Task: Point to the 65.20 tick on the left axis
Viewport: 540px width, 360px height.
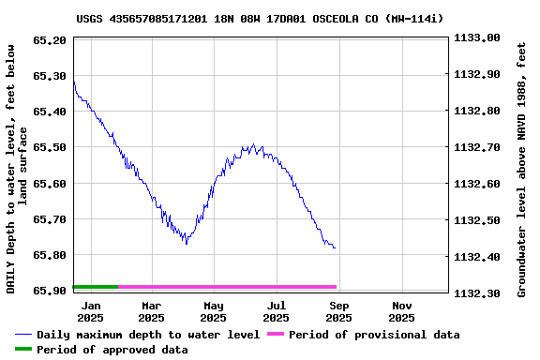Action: [x=49, y=39]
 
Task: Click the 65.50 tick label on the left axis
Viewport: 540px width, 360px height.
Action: [x=49, y=147]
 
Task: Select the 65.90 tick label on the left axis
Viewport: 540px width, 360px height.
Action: [x=49, y=291]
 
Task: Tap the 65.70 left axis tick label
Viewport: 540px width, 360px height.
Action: [x=49, y=219]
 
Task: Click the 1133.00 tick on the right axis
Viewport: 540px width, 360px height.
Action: [x=476, y=38]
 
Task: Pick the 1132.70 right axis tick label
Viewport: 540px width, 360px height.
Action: [x=476, y=147]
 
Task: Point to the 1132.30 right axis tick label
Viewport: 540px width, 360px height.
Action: [x=476, y=293]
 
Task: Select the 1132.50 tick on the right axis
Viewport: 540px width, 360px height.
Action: [x=476, y=220]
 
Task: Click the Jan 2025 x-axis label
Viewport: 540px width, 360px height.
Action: [x=91, y=311]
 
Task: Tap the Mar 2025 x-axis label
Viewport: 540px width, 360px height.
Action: [x=152, y=311]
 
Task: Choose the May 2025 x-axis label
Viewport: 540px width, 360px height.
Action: [x=214, y=311]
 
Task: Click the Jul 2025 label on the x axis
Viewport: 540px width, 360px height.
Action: [x=277, y=311]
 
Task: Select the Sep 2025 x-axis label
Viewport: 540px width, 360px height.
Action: [x=339, y=311]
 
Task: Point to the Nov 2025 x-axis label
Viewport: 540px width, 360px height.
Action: [x=402, y=311]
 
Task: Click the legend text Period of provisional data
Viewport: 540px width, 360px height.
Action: [x=374, y=335]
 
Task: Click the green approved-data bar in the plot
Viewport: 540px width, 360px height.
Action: [x=95, y=286]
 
